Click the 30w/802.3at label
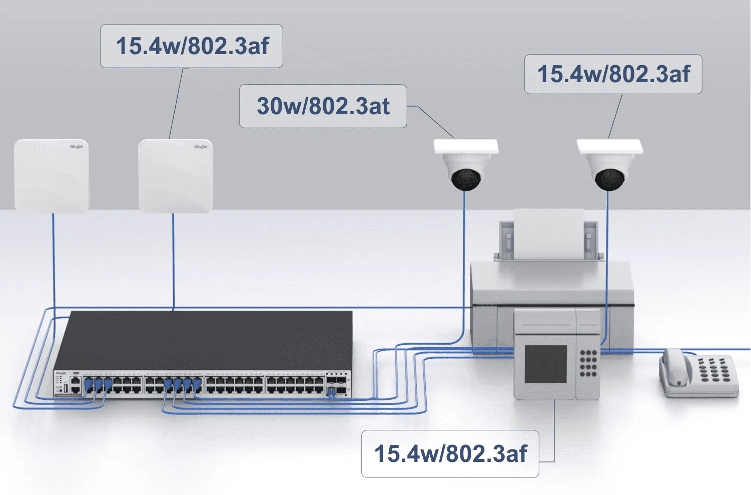click(323, 106)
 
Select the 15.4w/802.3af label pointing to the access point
click(192, 46)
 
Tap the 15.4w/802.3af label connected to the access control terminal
click(450, 454)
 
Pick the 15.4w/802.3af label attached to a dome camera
click(613, 74)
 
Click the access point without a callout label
click(51, 175)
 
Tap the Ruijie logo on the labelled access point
click(201, 147)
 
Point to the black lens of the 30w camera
click(466, 179)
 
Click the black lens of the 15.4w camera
click(609, 179)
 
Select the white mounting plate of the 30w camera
click(466, 146)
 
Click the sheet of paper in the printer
click(548, 233)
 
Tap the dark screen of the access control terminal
click(545, 364)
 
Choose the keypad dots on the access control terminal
click(588, 364)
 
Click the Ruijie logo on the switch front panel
click(61, 373)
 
